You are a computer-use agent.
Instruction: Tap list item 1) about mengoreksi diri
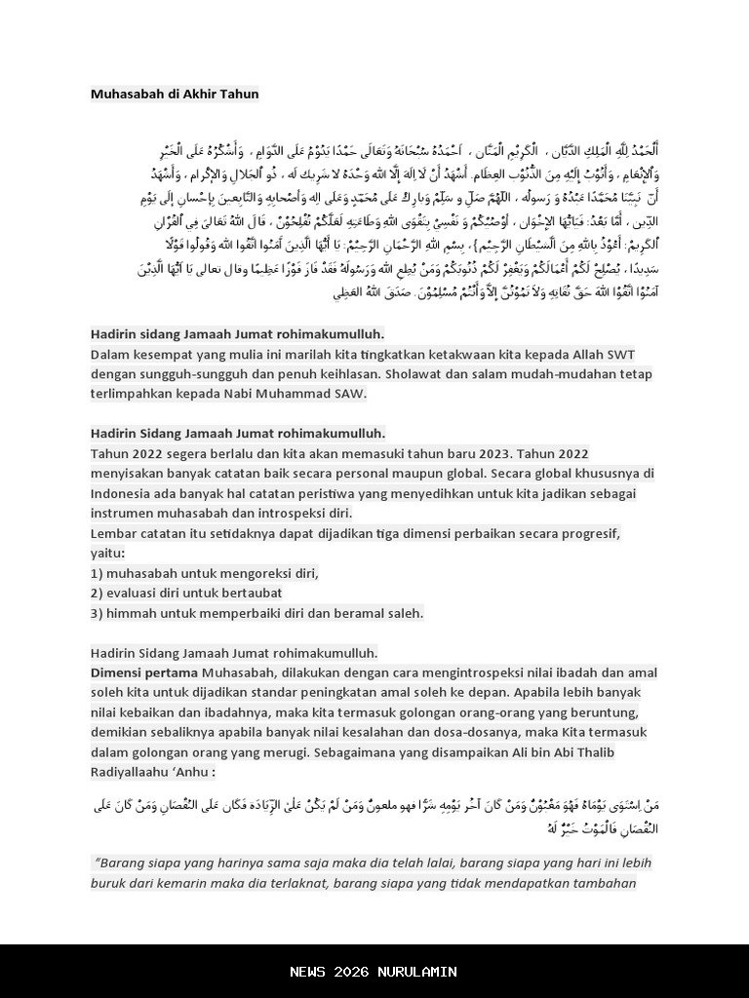coord(205,573)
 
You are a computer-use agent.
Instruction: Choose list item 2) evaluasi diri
coord(186,593)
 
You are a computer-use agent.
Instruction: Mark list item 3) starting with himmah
coord(256,613)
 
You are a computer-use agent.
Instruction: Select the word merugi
coord(338,752)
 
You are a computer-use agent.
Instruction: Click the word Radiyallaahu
coord(132,772)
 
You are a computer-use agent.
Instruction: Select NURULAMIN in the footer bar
coord(417,972)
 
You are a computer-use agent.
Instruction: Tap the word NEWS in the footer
coord(309,972)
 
